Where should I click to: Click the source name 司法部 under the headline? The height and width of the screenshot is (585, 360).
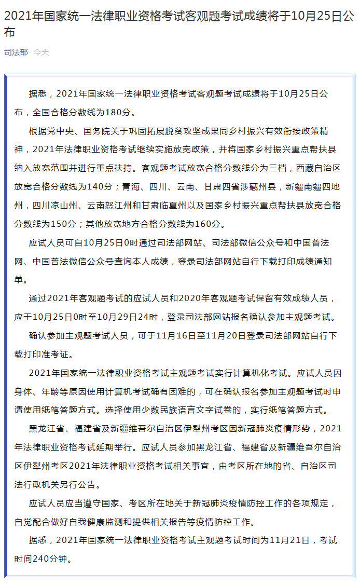(16, 52)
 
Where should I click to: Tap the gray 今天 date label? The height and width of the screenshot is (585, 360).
(41, 52)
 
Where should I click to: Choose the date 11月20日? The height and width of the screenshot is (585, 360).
(226, 336)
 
